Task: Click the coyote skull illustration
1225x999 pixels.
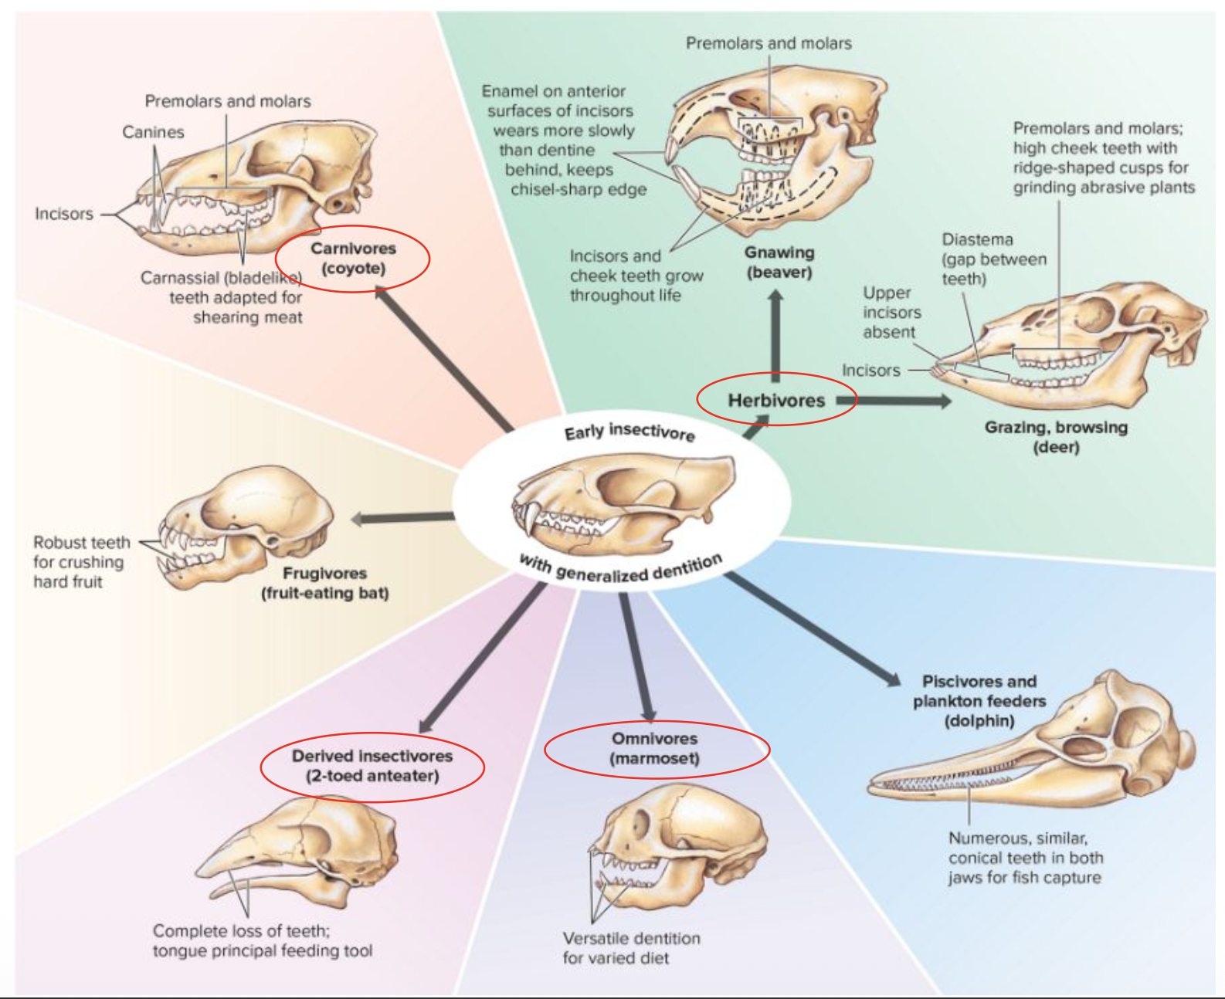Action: point(255,185)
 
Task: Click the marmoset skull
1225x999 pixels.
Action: point(680,842)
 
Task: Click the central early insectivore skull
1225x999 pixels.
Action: point(618,502)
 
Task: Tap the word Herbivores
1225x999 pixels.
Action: point(776,400)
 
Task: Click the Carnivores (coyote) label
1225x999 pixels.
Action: point(353,259)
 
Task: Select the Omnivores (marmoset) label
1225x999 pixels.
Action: point(655,748)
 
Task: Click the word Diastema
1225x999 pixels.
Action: point(977,239)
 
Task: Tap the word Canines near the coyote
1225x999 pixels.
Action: point(153,132)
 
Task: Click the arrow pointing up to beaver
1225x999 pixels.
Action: point(775,332)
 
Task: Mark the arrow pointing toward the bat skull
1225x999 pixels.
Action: point(402,518)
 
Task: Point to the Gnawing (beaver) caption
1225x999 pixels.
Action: point(779,262)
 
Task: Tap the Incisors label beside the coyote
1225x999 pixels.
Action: point(63,214)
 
